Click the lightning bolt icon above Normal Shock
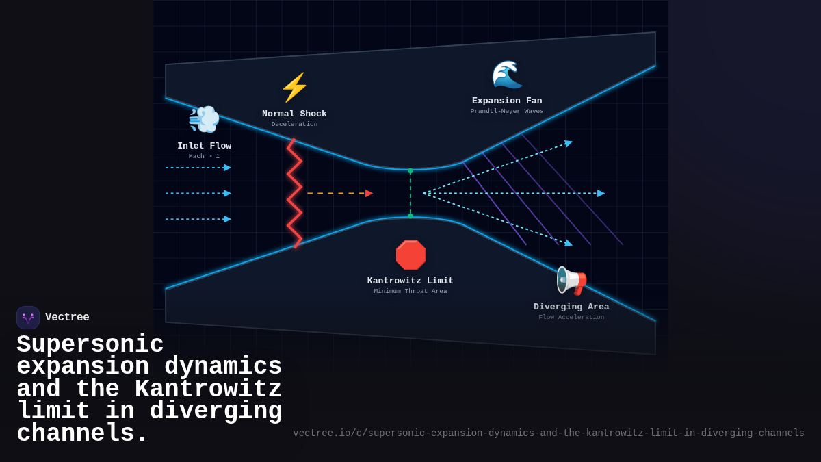coord(294,88)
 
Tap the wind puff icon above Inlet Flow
coord(204,119)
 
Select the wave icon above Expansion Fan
coord(507,75)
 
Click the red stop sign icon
coord(410,255)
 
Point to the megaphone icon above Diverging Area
coord(571,281)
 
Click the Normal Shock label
coord(294,114)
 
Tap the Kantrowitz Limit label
coord(410,281)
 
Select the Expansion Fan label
coord(507,101)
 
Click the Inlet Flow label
coord(204,146)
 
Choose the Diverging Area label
coord(571,307)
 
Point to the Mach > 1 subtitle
coord(204,157)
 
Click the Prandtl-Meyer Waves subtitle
coord(507,112)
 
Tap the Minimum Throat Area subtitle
coord(410,292)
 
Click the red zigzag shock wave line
coord(294,194)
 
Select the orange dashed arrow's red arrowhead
coord(369,194)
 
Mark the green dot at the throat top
coord(410,170)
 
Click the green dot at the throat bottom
coord(410,216)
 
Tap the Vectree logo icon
coord(28,318)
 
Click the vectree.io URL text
coord(549,433)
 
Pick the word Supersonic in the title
coord(90,344)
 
